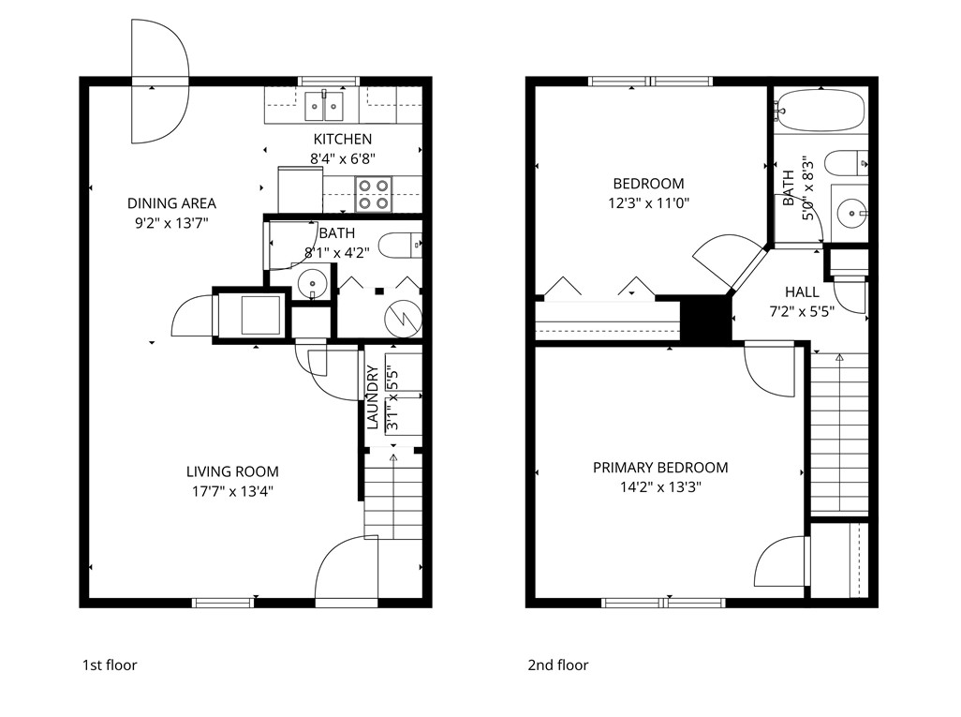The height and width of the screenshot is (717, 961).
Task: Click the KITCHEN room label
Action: point(342,140)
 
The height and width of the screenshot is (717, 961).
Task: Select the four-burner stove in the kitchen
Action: point(374,194)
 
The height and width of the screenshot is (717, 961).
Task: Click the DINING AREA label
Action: point(171,203)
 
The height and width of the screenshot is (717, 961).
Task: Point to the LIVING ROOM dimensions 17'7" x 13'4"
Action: point(231,490)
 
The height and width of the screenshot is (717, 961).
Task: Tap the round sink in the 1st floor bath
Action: point(312,281)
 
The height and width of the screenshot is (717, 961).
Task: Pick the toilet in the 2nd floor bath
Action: point(853,161)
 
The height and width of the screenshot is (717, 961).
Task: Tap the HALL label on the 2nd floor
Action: point(802,292)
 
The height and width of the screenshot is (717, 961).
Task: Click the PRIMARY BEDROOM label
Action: point(660,468)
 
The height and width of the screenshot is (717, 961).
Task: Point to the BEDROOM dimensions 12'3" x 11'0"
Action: point(648,202)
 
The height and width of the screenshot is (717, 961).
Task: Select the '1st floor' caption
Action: point(109,665)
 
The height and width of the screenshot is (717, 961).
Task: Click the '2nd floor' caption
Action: point(558,665)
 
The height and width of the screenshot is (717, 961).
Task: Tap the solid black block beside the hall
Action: point(704,319)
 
